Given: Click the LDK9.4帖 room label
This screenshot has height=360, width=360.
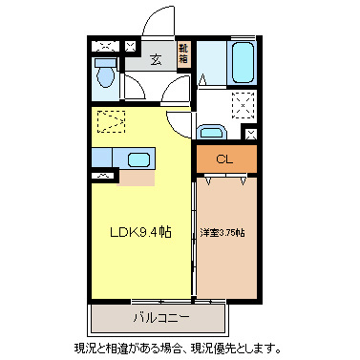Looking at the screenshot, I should tap(139, 231).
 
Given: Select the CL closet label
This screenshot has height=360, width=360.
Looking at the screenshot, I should tap(224, 159).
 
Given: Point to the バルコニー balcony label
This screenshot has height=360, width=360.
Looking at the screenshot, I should tap(159, 315).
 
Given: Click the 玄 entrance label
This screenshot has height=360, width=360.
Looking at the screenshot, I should tap(157, 57).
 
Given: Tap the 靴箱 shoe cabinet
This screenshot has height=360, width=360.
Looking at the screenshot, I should tap(184, 53).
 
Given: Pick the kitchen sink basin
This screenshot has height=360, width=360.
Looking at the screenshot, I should tap(138, 159).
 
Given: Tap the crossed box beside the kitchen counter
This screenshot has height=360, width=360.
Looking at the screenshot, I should tap(103, 177).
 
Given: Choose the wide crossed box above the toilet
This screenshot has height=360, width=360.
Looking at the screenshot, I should tap(107, 45).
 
